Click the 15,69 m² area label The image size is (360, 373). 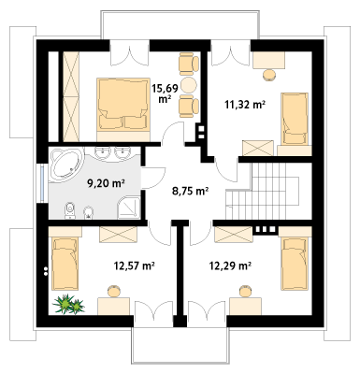point(165,93)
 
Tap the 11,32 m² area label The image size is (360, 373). point(245,105)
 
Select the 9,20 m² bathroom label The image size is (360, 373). point(106,183)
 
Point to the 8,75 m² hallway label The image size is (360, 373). point(190,191)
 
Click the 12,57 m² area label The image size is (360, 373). point(135,265)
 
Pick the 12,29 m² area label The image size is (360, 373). point(230,265)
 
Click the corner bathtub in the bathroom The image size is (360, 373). point(66,165)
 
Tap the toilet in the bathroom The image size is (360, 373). point(70,210)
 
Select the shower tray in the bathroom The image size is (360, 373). point(128,208)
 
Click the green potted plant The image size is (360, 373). point(68,305)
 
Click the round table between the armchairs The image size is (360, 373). point(189,84)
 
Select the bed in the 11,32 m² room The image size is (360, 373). point(295,119)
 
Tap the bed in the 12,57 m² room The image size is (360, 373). point(65,264)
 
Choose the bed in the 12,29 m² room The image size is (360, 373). point(295,264)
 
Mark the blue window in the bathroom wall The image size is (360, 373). point(43,183)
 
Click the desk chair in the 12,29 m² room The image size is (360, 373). point(245,291)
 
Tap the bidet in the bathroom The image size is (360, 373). point(89,212)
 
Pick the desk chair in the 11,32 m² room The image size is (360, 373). point(269,75)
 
